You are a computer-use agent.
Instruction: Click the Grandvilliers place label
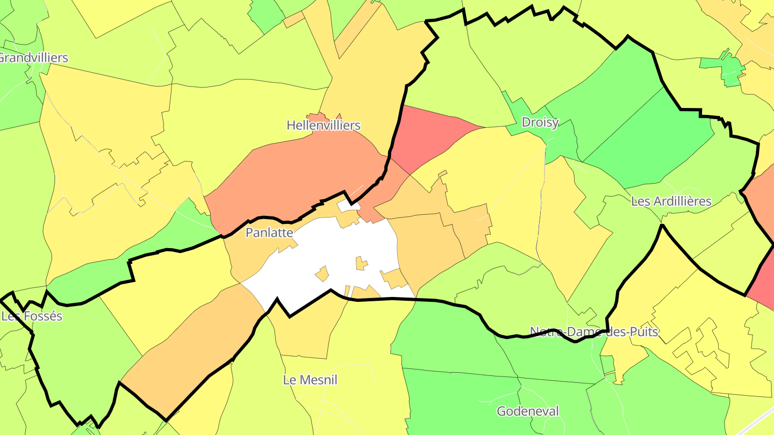(x=33, y=57)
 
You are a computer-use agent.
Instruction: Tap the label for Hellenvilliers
(x=323, y=125)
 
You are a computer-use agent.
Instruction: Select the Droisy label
(x=540, y=122)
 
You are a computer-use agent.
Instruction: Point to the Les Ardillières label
(x=671, y=201)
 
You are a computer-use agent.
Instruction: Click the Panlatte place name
(x=269, y=233)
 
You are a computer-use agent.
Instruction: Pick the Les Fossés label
(x=32, y=316)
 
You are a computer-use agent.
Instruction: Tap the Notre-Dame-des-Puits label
(x=593, y=331)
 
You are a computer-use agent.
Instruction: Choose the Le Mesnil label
(x=310, y=380)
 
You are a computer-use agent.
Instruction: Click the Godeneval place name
(x=528, y=411)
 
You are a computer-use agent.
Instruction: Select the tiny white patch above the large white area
(x=348, y=206)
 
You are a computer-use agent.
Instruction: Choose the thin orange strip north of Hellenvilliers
(x=357, y=30)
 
